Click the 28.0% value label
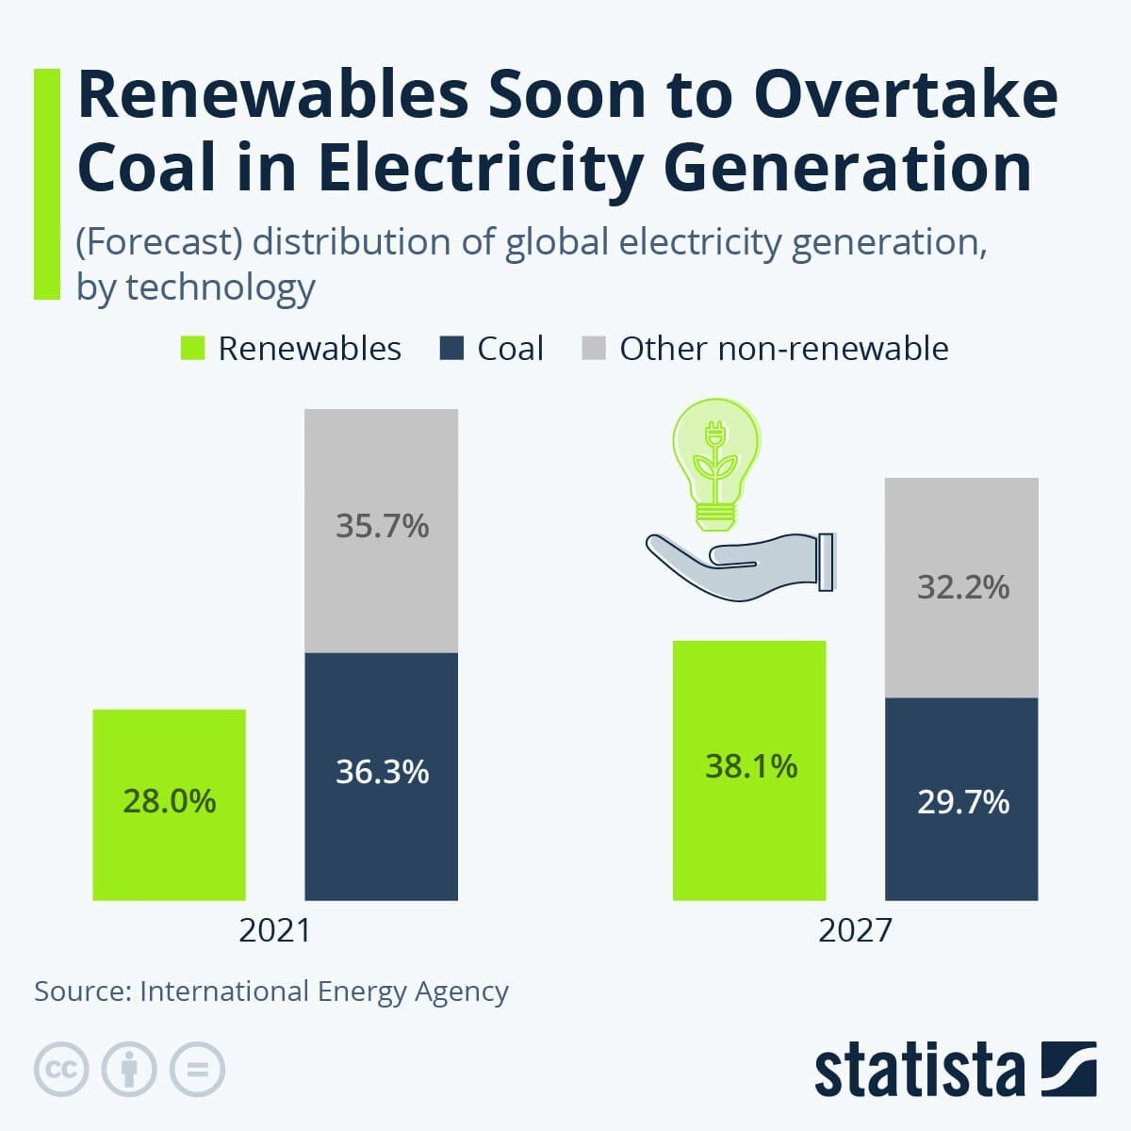tap(170, 801)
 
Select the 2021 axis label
tap(274, 930)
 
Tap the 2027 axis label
tap(855, 930)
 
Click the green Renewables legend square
tap(192, 348)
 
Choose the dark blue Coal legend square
tap(452, 348)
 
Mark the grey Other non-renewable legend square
tap(594, 348)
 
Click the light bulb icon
tap(715, 462)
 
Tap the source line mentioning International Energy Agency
tap(271, 992)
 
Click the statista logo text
tap(919, 1071)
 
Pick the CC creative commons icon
tap(61, 1070)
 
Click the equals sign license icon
tap(197, 1070)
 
